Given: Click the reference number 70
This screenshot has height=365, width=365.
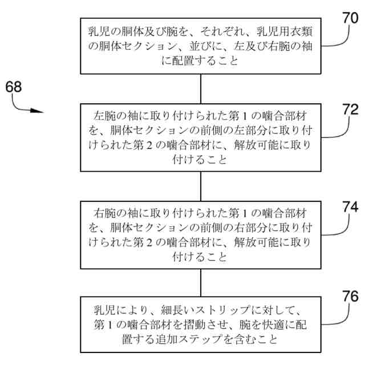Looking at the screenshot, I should [x=349, y=18].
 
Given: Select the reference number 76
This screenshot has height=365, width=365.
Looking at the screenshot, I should [x=349, y=297].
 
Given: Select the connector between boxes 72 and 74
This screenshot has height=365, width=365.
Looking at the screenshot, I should [x=200, y=185].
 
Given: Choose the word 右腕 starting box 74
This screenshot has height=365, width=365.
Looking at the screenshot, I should [x=104, y=213].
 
